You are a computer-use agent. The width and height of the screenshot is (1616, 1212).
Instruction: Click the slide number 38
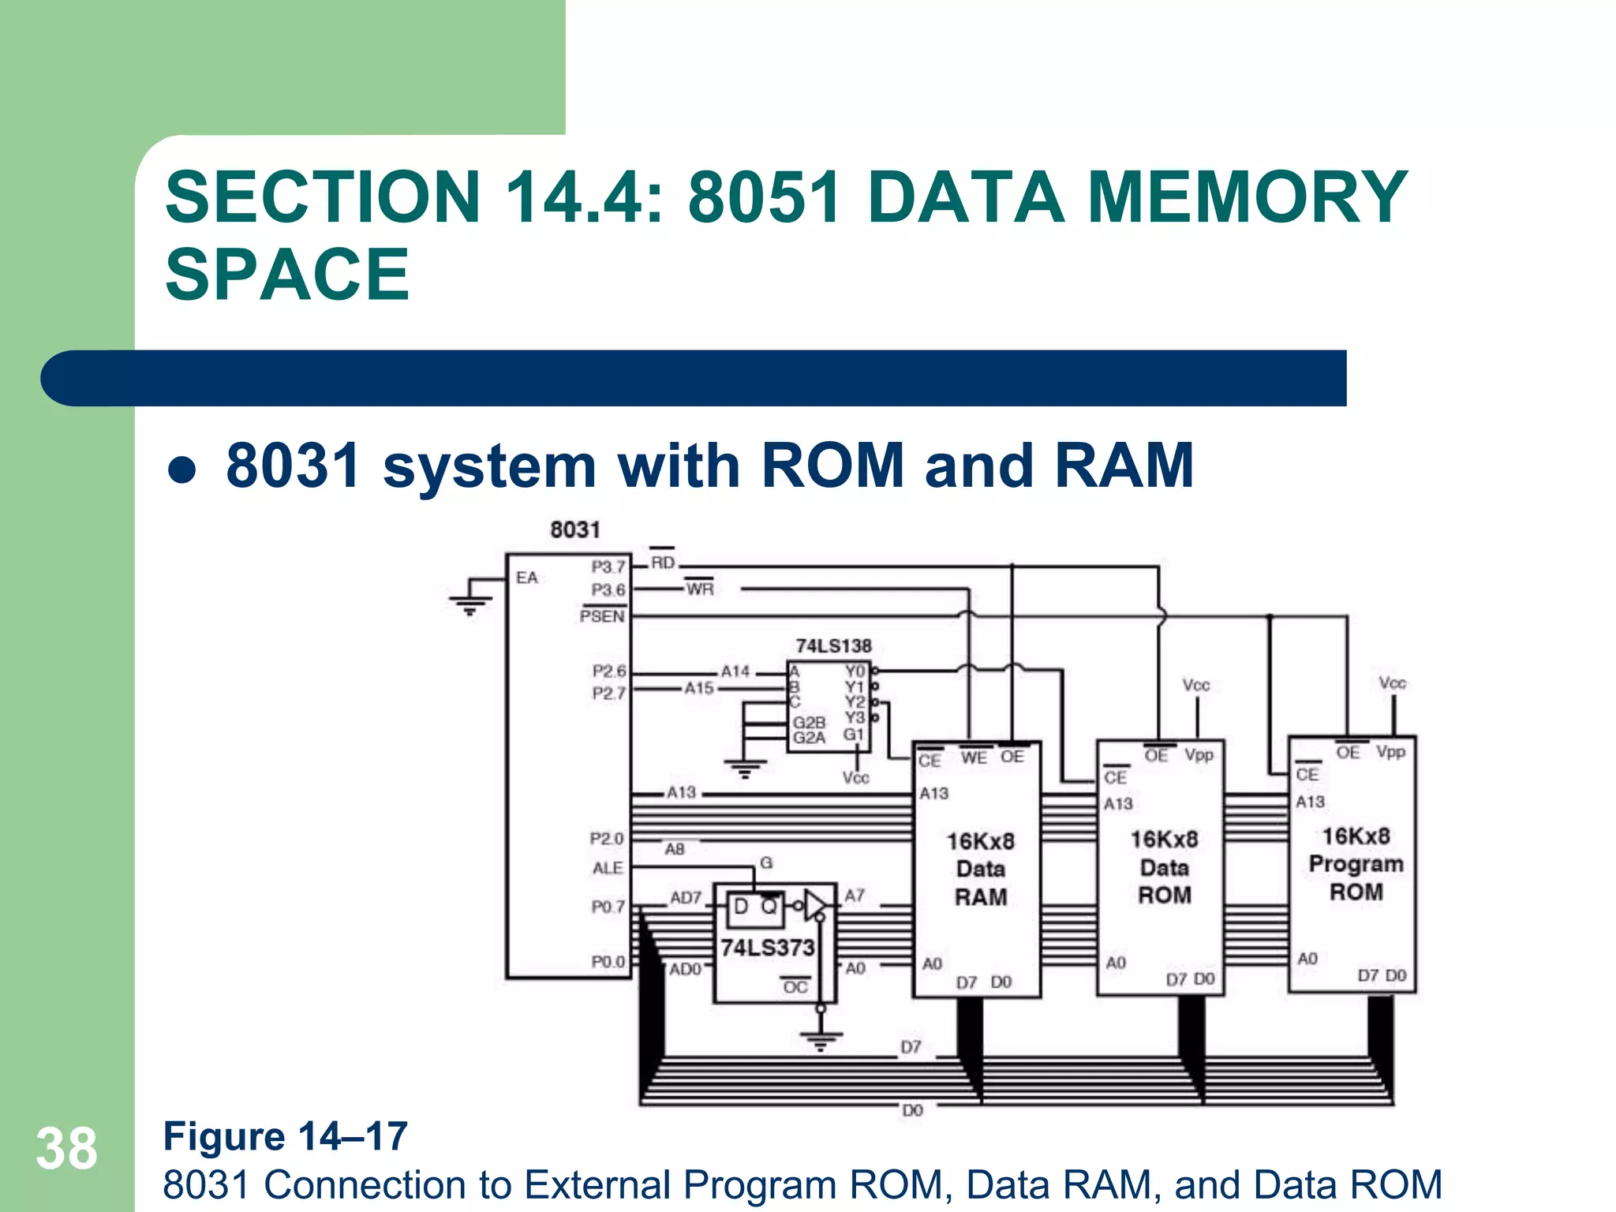[66, 1149]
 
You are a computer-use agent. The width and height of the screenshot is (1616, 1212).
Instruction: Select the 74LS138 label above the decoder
[833, 645]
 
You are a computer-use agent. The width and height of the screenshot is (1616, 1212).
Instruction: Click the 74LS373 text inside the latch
[767, 947]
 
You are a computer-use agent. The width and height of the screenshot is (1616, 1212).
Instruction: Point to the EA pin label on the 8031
[526, 578]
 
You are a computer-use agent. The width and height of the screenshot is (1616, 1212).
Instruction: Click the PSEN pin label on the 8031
[602, 616]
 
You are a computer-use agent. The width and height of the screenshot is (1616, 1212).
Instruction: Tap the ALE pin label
[608, 868]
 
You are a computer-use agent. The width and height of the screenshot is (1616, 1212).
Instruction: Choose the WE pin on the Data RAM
[974, 757]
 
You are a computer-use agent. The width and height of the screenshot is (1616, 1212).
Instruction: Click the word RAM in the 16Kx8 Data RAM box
[981, 897]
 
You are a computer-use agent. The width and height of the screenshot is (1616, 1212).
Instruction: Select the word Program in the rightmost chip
[1356, 864]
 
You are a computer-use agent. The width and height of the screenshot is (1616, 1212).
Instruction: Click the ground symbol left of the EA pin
[470, 604]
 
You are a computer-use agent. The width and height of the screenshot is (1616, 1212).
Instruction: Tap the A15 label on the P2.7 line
[699, 688]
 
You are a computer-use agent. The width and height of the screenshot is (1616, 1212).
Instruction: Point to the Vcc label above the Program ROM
[1392, 683]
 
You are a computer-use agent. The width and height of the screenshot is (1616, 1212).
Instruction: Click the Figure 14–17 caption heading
[285, 1136]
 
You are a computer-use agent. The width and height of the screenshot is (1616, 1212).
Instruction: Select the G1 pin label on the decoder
[854, 735]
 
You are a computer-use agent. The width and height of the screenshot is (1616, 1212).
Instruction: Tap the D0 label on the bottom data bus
[912, 1110]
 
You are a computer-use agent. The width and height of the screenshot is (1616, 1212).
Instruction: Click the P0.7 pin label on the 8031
[608, 907]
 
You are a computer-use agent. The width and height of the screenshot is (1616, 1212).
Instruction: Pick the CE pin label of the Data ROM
[1115, 777]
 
